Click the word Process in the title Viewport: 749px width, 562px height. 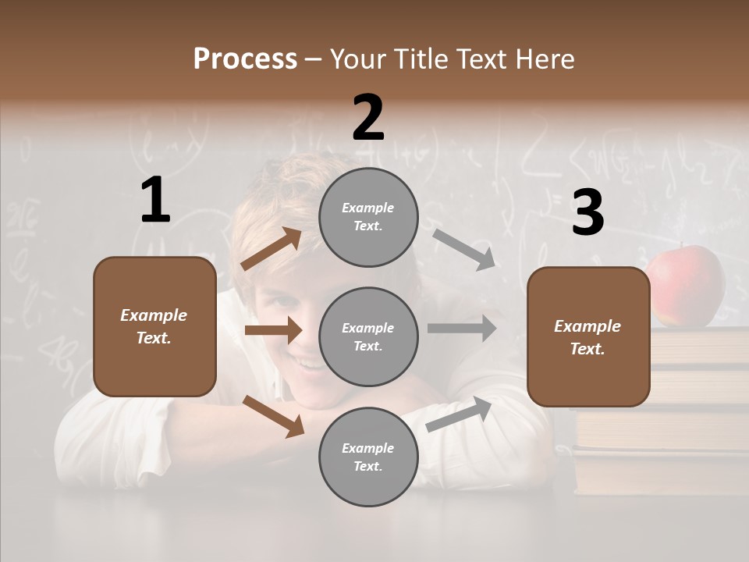245,59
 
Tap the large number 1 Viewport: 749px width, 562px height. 155,201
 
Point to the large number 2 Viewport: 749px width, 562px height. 368,118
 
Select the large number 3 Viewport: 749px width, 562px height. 587,213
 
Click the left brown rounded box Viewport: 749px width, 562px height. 154,326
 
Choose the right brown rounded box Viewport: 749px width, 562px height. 588,337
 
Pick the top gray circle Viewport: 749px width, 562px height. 368,217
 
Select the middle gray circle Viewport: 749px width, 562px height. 368,336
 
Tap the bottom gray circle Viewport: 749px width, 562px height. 368,457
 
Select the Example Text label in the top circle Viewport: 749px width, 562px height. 368,217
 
